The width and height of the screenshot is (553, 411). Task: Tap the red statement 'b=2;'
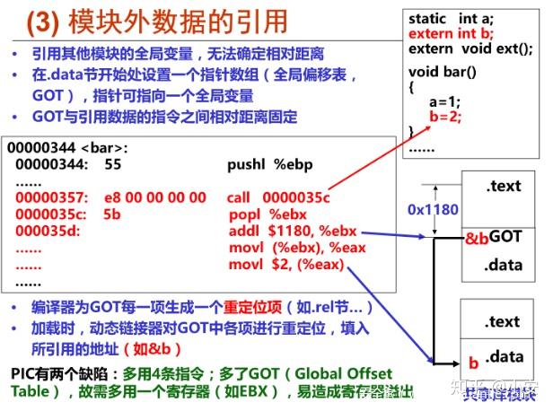tap(446, 116)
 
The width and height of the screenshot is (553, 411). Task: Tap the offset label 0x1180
tap(433, 210)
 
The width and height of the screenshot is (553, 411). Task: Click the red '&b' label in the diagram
tap(476, 238)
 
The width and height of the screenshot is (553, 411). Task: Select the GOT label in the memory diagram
tap(506, 237)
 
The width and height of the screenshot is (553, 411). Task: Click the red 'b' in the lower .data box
tap(473, 363)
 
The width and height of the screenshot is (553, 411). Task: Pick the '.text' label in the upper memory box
tap(503, 186)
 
